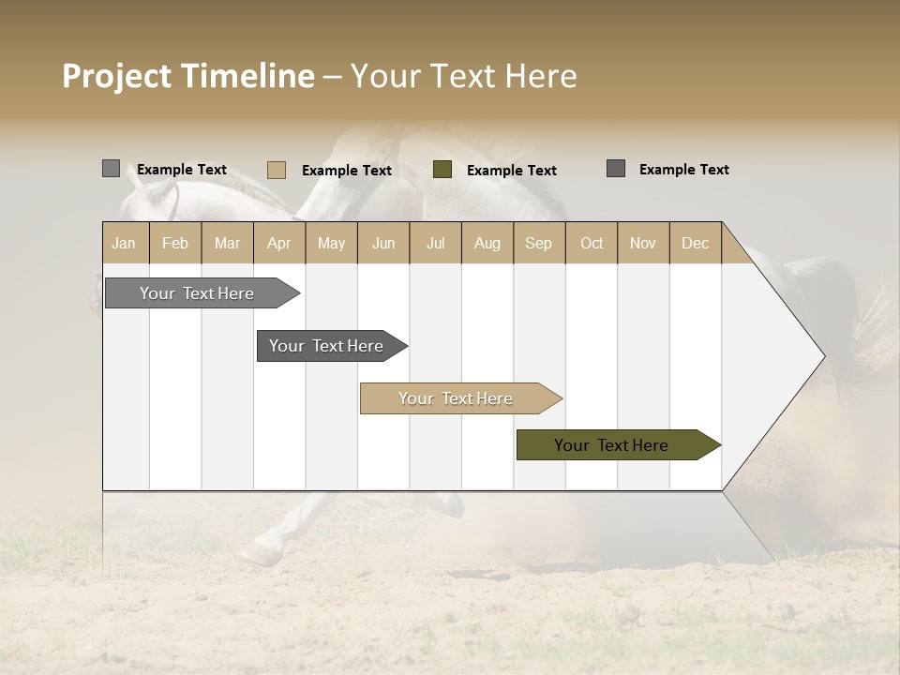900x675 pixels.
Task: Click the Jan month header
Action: coord(124,243)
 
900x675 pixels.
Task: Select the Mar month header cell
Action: coord(227,243)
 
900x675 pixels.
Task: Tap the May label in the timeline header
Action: coord(331,243)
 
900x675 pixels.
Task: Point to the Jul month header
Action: coord(435,243)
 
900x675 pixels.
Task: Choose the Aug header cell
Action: coord(487,243)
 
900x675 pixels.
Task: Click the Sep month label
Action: coord(538,243)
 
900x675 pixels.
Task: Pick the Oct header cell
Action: coord(591,243)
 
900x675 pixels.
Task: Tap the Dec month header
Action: coord(695,243)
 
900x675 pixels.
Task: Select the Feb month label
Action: coord(175,243)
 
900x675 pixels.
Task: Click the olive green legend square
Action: coord(442,170)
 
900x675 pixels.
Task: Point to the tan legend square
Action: coord(277,170)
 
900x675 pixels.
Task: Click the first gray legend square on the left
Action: coord(112,169)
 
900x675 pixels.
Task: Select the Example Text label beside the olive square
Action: coord(511,171)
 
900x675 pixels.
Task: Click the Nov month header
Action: coord(642,243)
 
